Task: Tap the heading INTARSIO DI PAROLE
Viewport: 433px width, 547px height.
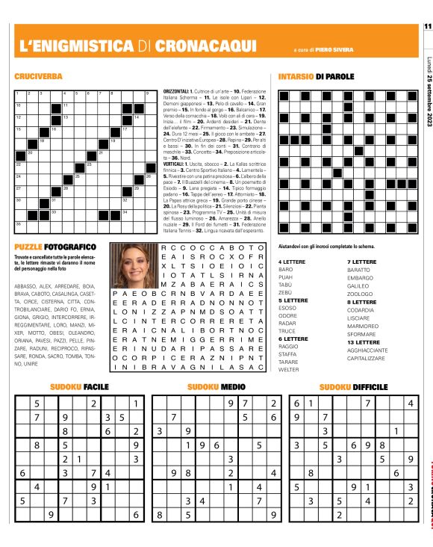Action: pos(316,77)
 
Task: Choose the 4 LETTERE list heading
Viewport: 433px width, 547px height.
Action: pos(291,262)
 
